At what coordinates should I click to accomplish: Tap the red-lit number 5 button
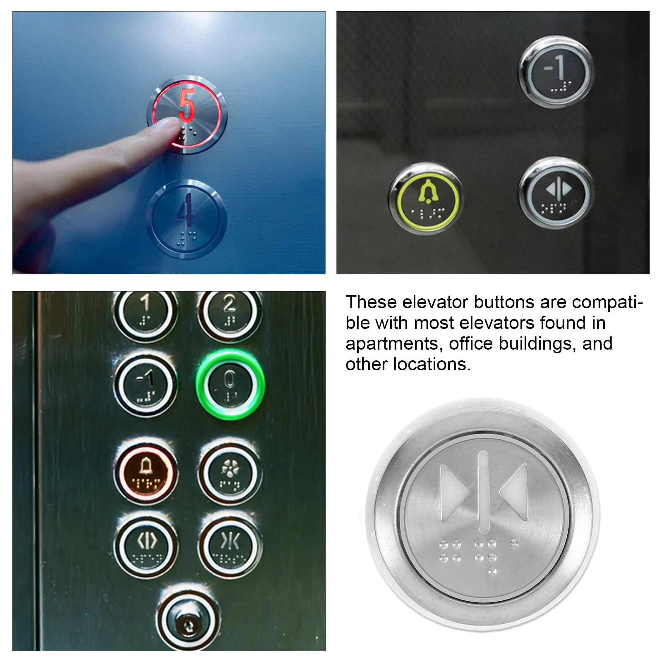(x=187, y=114)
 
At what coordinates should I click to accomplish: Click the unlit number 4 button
(x=187, y=219)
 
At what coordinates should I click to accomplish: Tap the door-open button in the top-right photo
(x=556, y=193)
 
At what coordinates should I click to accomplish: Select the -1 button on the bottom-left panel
(x=146, y=386)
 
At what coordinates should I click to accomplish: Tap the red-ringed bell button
(x=146, y=473)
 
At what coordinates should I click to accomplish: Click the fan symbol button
(x=230, y=473)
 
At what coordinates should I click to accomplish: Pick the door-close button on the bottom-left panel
(x=230, y=545)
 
